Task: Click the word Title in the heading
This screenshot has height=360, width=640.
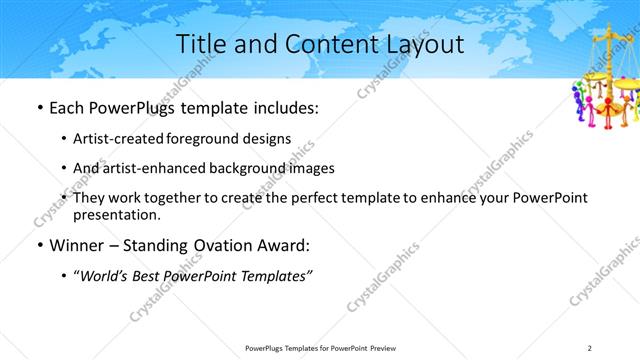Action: (x=200, y=45)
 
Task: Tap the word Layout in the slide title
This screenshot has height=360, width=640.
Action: (x=427, y=45)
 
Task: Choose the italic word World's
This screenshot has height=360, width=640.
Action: (x=104, y=276)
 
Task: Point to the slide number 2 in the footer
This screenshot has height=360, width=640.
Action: (x=589, y=348)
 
